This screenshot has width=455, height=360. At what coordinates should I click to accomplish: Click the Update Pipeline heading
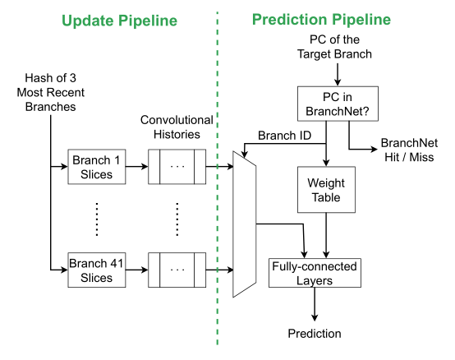point(109,19)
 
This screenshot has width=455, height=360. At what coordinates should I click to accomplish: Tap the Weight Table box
point(326,191)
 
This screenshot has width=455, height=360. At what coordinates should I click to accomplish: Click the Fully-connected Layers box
point(315,273)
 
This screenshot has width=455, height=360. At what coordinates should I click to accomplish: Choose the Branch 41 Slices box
point(97,270)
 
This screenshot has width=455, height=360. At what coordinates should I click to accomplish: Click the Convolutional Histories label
point(177,127)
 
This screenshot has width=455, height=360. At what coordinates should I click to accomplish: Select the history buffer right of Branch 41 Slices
point(177,270)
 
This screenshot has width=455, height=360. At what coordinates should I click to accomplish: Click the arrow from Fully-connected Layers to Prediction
point(315,305)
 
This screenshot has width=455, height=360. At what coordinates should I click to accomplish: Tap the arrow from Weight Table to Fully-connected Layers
point(328,233)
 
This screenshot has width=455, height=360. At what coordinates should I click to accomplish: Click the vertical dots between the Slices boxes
point(97,219)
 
